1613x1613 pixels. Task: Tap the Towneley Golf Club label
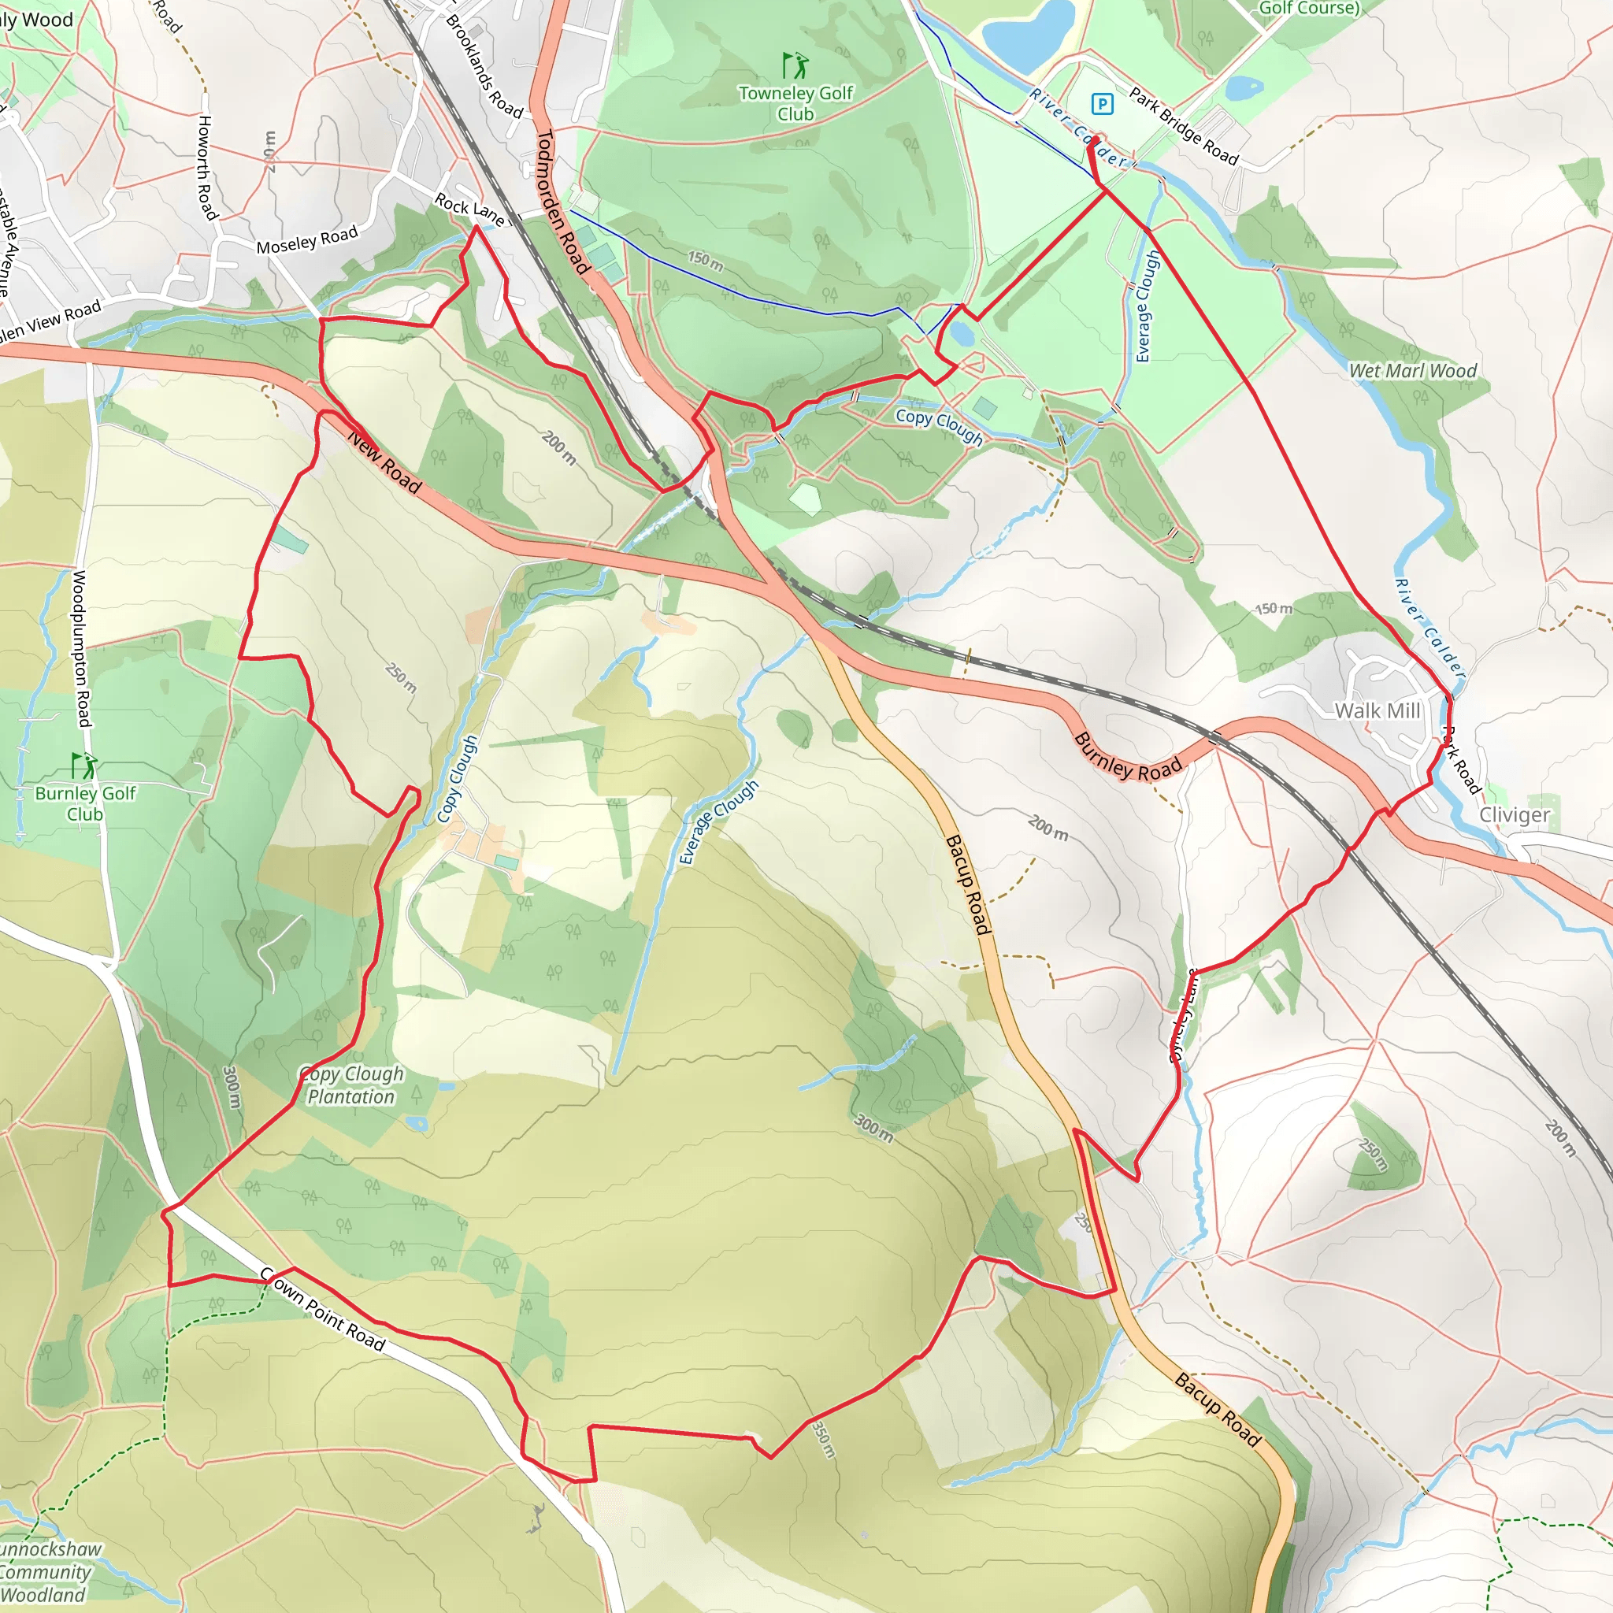(x=795, y=102)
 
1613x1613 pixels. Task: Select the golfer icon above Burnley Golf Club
(x=83, y=765)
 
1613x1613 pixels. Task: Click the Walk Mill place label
(x=1378, y=710)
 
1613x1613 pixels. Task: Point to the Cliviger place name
(x=1515, y=815)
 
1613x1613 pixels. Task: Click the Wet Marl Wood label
(x=1413, y=371)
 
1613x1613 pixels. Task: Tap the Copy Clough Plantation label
(x=351, y=1085)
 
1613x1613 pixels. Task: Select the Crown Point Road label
(x=322, y=1309)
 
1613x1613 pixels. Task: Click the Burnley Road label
(x=1127, y=756)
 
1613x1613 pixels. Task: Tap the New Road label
(x=384, y=462)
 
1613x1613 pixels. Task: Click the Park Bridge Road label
(x=1184, y=126)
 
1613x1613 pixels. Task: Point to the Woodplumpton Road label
(x=81, y=649)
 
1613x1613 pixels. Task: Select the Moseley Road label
(x=306, y=240)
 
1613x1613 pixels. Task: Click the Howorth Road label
(x=206, y=168)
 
